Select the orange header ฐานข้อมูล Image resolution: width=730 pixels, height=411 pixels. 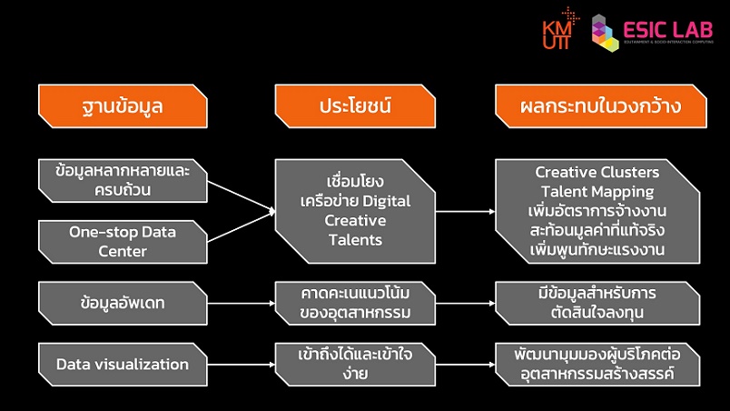(x=122, y=107)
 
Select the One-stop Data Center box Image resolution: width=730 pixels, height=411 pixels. (x=122, y=241)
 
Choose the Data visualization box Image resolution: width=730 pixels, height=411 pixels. (x=122, y=365)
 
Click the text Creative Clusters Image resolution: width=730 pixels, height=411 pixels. (x=597, y=172)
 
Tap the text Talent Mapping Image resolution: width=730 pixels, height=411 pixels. (x=597, y=191)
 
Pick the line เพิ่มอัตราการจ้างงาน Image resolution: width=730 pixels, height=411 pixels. (x=597, y=210)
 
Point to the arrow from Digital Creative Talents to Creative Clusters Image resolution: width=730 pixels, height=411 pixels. (x=465, y=211)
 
